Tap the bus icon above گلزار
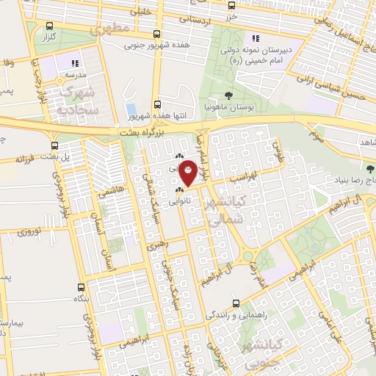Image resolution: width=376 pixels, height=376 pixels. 50,25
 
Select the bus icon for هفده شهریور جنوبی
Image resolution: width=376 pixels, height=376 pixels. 156,33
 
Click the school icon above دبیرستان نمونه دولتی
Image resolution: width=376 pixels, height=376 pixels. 256,38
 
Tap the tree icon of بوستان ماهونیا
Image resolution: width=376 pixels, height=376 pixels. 228,95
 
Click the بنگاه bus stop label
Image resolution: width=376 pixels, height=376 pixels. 80,300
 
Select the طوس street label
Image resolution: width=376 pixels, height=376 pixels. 278,150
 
